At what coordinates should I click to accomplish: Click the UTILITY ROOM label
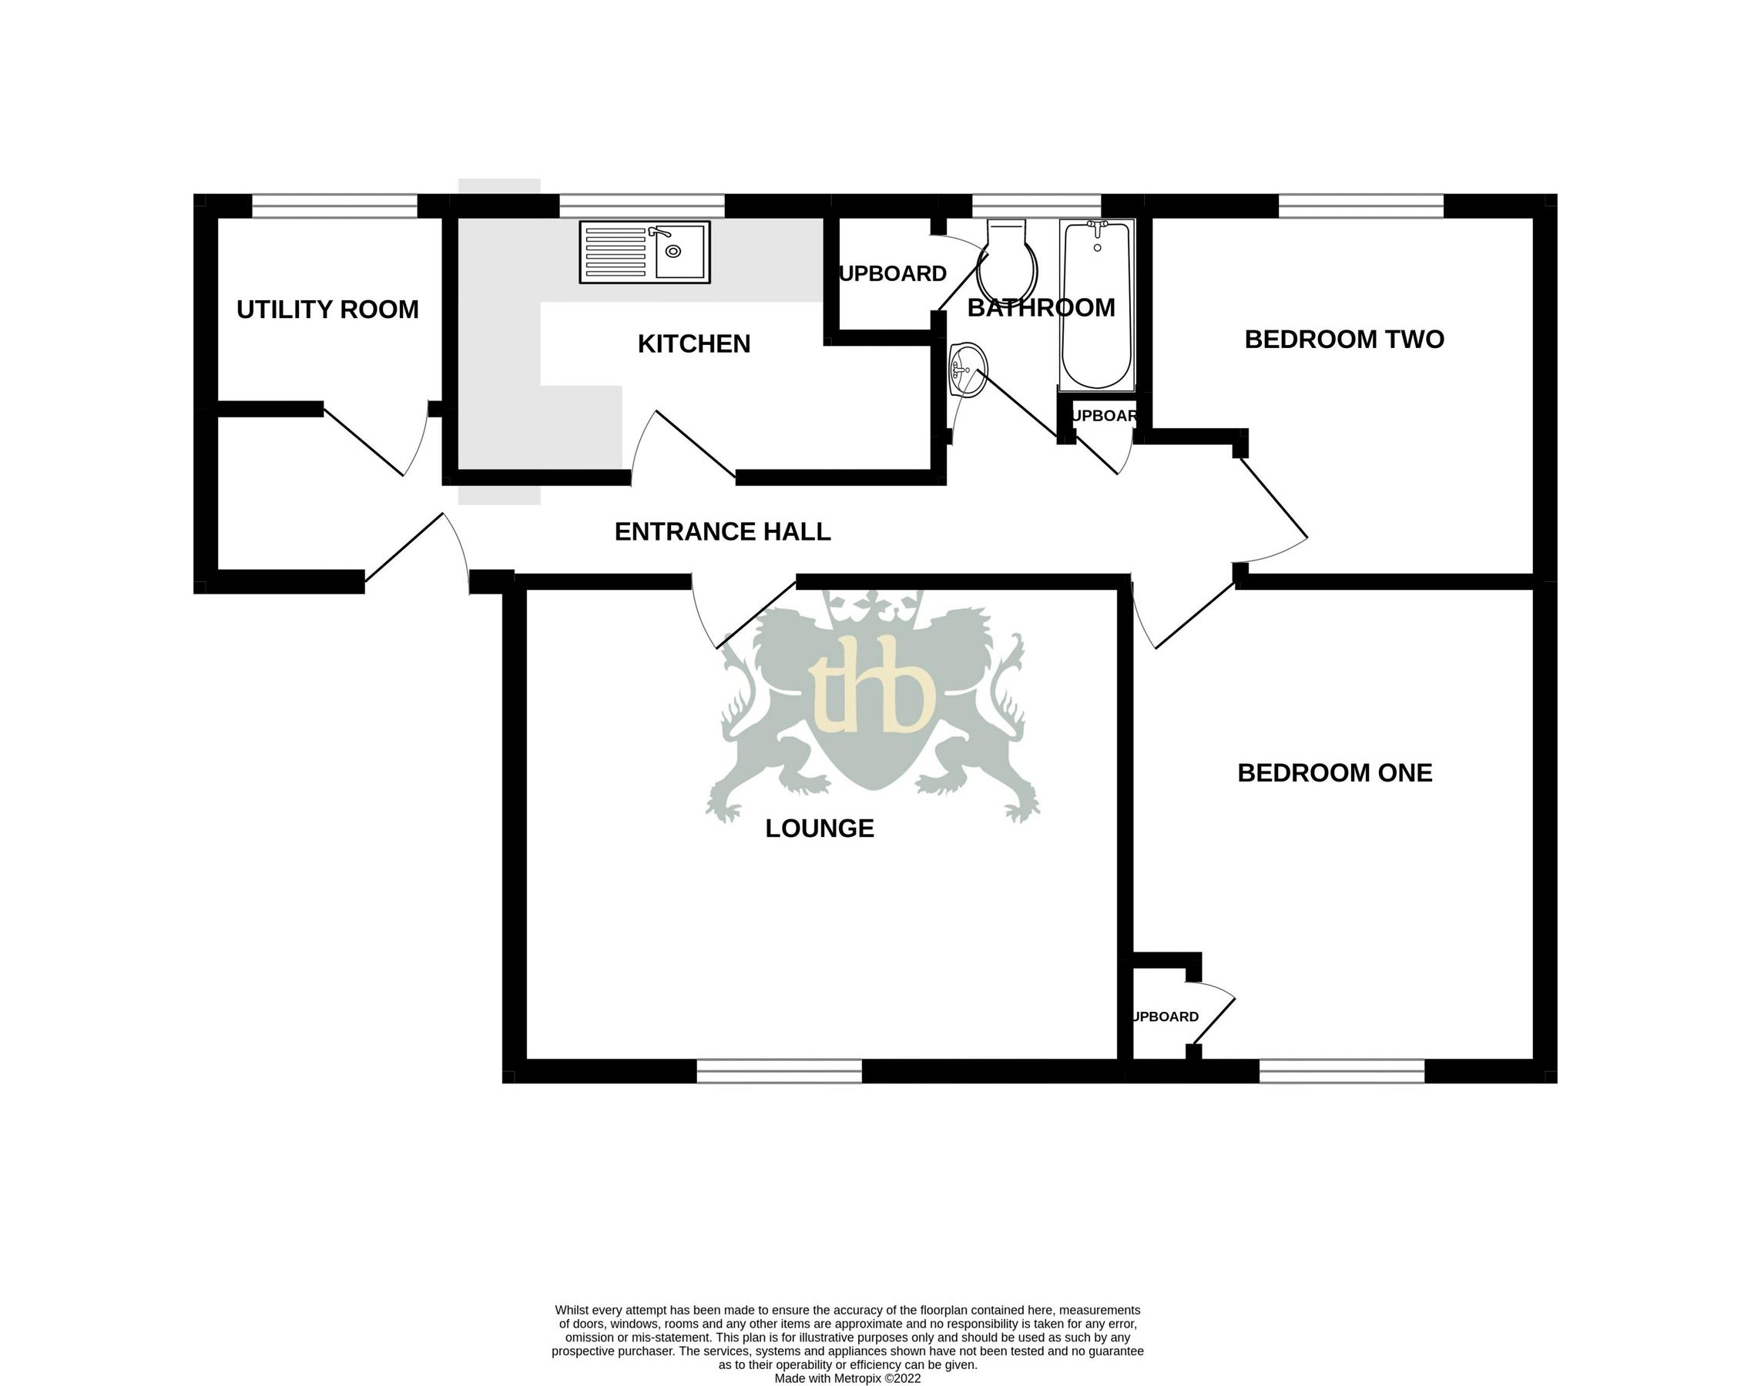327,310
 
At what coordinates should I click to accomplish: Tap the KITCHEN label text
693,344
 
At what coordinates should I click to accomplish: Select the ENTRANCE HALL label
722,531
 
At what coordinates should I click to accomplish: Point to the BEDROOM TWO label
1343,340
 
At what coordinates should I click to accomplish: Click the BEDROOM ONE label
1333,772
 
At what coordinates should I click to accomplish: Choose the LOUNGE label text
819,828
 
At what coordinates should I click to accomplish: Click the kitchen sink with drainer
644,252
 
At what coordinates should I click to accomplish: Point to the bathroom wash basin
968,371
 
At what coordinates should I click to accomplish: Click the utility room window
334,206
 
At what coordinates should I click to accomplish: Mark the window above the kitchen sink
641,206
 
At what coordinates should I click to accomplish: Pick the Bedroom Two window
1360,206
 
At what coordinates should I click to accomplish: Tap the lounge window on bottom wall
779,1071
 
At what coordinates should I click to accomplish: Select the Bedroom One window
1341,1071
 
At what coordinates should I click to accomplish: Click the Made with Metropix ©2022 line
847,1378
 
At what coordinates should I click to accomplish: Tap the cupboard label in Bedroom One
1165,1016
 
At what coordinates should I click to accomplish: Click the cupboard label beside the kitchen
892,274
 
